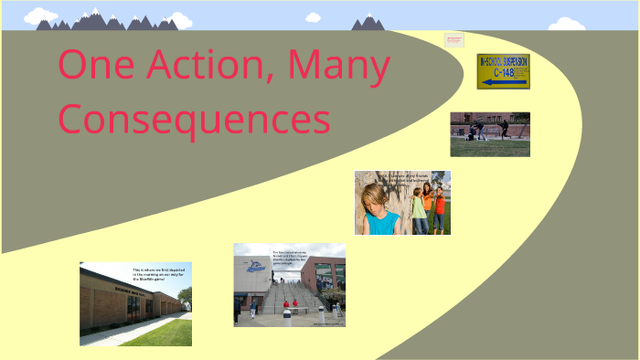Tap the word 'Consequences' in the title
[x=195, y=119]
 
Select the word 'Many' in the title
[x=338, y=66]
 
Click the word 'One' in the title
[x=91, y=66]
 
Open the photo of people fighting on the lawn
[x=489, y=134]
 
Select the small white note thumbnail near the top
[x=454, y=39]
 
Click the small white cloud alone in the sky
[x=313, y=16]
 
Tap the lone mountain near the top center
[x=368, y=22]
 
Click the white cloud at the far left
[x=40, y=16]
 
